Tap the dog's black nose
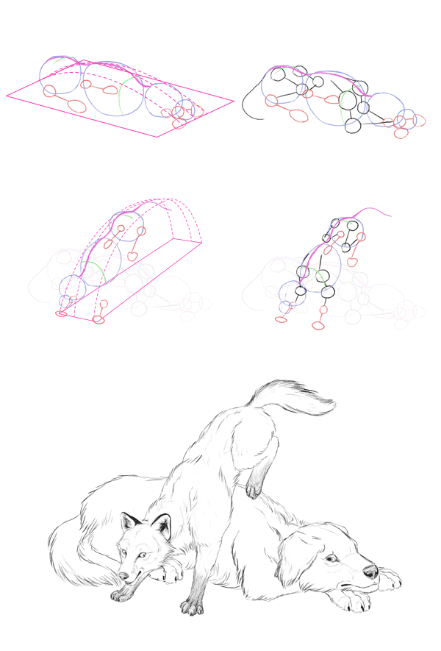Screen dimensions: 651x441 (370, 571)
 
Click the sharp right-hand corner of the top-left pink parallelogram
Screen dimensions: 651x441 (233, 101)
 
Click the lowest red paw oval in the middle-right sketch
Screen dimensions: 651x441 (318, 325)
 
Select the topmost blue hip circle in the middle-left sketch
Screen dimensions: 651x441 (126, 226)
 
